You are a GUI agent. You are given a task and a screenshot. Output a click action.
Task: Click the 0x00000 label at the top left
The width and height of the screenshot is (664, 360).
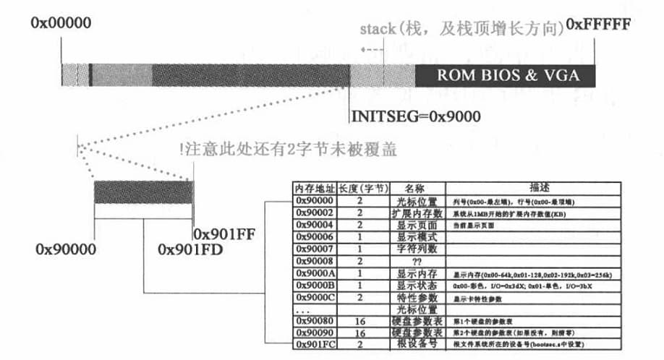click(61, 22)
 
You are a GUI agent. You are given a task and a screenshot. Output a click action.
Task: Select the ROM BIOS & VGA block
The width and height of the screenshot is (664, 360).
click(505, 75)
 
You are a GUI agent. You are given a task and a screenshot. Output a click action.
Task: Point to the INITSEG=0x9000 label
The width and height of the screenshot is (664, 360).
click(415, 116)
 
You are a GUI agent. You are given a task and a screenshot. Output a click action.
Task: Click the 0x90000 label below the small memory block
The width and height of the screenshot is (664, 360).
click(66, 249)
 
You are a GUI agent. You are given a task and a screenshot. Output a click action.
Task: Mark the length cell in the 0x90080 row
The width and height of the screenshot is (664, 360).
click(359, 320)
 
